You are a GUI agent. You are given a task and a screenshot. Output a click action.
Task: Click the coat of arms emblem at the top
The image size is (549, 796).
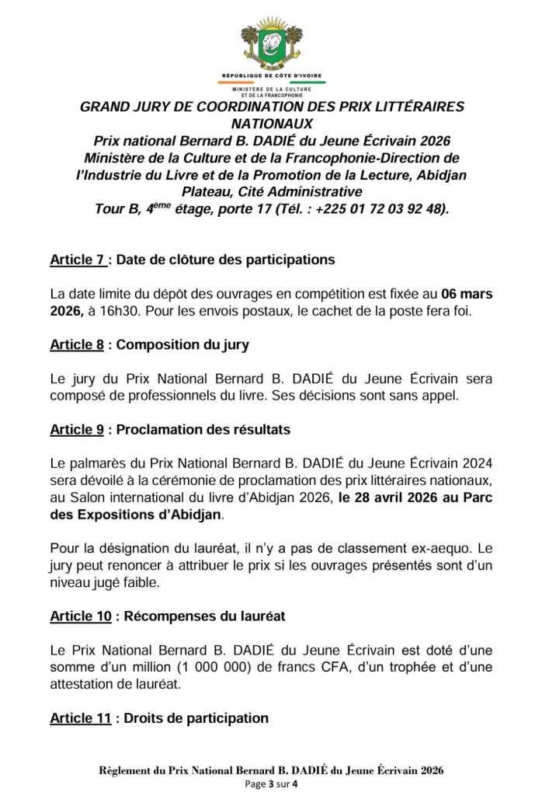tap(273, 44)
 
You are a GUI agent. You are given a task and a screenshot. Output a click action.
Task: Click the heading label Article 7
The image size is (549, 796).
tap(77, 259)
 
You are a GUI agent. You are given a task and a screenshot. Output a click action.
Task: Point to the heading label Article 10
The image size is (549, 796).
tap(80, 616)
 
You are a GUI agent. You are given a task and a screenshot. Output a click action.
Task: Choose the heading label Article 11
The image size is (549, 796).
tap(80, 718)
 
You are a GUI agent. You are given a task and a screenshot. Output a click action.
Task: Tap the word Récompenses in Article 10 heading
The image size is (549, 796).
tap(169, 616)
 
